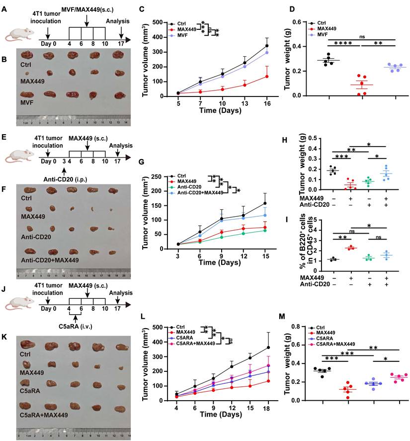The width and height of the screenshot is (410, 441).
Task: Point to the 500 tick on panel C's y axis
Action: click(158, 22)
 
